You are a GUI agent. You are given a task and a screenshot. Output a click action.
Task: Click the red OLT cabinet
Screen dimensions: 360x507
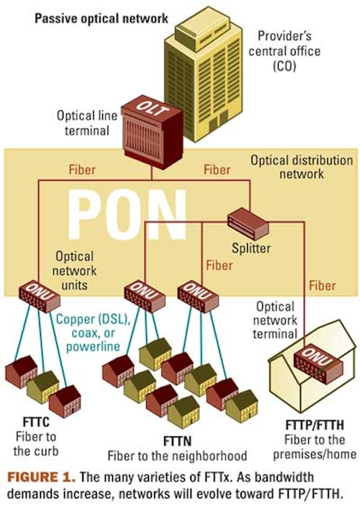point(152,132)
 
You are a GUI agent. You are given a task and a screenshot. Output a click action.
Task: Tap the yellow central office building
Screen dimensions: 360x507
point(203,78)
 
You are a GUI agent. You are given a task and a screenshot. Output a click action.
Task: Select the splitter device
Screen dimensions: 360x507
point(248,224)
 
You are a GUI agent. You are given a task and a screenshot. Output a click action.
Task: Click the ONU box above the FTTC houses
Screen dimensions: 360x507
point(40,297)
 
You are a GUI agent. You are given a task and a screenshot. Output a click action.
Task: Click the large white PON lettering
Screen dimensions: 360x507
point(127,215)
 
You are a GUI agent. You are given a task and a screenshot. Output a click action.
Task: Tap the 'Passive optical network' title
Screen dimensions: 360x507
point(101,18)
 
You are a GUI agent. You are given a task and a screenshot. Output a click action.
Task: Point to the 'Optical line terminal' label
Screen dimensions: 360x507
point(87,123)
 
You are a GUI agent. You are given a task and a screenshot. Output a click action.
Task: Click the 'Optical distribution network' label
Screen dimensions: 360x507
point(302,167)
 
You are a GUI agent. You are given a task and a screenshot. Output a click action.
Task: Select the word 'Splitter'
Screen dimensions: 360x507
point(251,248)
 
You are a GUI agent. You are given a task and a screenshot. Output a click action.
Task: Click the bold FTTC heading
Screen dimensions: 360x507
point(36,422)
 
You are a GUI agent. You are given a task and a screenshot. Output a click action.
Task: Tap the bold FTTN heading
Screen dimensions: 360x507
point(177,441)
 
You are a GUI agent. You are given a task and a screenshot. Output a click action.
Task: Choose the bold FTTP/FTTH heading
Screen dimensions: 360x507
point(315,425)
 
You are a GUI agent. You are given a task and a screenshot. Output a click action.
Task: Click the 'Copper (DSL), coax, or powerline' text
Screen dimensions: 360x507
point(93,333)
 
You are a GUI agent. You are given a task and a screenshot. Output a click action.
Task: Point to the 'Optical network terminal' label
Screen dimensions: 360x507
point(275,320)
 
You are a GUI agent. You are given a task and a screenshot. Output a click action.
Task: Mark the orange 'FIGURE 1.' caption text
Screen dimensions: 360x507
point(42,477)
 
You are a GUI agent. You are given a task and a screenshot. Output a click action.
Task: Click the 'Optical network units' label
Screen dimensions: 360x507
point(74,271)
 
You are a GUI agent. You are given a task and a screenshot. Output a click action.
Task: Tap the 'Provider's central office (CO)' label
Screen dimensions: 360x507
point(284,50)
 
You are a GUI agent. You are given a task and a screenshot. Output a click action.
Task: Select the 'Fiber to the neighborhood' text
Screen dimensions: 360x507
point(177,456)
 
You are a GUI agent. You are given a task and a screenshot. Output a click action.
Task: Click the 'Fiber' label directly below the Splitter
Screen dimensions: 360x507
point(220,266)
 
